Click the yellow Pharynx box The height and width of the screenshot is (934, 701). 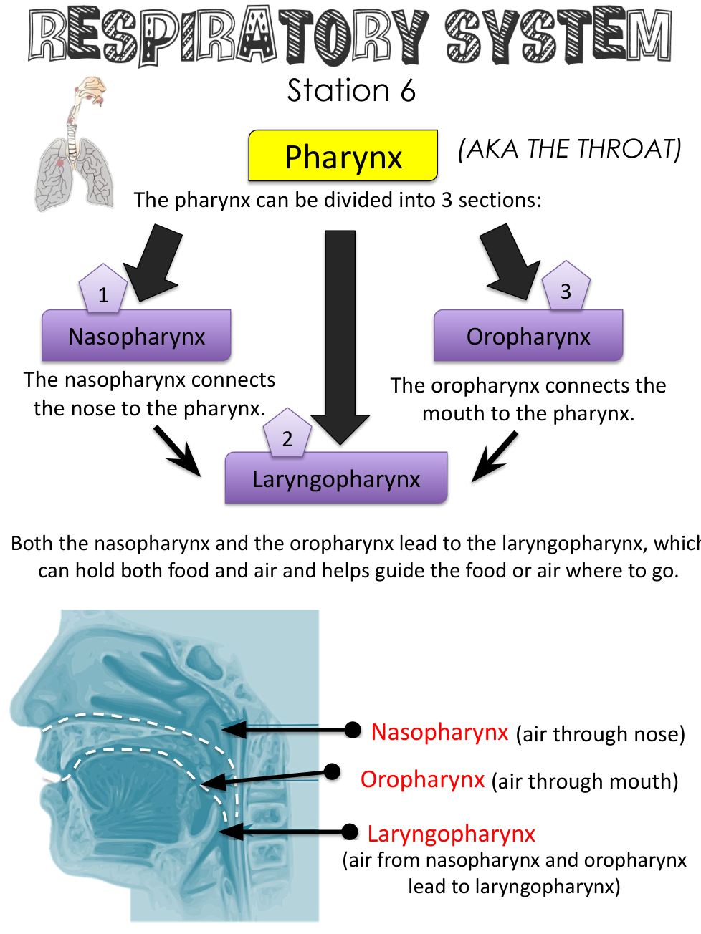(343, 155)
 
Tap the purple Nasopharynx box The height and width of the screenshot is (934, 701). (136, 336)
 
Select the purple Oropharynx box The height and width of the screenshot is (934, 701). (528, 336)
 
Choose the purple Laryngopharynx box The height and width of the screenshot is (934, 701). (336, 478)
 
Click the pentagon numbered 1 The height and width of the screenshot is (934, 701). (103, 291)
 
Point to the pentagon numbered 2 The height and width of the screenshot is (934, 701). (287, 435)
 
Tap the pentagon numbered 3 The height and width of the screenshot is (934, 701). (566, 287)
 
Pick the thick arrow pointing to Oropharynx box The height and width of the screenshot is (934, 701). (510, 262)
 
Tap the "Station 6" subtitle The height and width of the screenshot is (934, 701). (351, 91)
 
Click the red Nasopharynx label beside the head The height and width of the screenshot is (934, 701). (439, 732)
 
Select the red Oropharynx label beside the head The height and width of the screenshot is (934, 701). (422, 779)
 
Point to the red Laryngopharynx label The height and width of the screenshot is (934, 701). (451, 834)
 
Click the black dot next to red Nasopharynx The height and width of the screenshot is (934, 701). (353, 730)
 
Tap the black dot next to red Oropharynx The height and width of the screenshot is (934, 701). (332, 771)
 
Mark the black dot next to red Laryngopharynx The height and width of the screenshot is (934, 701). (350, 832)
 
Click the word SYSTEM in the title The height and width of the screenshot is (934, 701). (558, 36)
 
